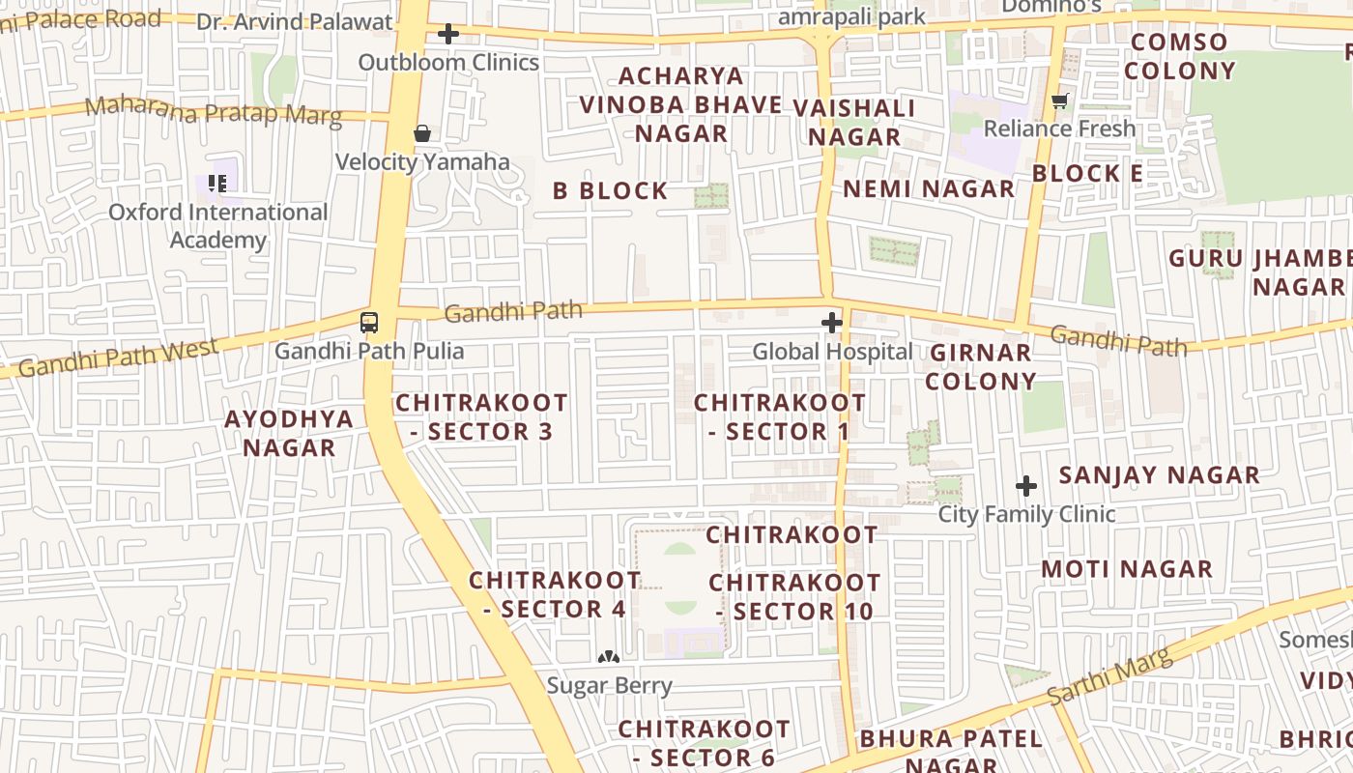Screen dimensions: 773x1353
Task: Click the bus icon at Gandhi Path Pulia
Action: click(x=369, y=322)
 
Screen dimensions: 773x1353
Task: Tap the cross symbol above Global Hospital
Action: click(x=831, y=322)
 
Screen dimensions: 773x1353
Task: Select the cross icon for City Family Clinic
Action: click(x=1026, y=485)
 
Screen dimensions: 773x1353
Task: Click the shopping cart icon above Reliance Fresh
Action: click(x=1060, y=100)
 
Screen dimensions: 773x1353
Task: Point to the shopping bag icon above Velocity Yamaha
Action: click(x=422, y=133)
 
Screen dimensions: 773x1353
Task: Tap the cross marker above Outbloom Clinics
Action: click(x=448, y=35)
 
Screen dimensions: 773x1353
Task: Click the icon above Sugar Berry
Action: click(x=608, y=657)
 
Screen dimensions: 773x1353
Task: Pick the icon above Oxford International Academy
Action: click(x=217, y=183)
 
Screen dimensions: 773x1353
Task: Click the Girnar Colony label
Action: click(x=980, y=367)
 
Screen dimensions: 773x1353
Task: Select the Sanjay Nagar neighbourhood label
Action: click(x=1159, y=475)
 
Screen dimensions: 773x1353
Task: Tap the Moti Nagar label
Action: click(x=1126, y=569)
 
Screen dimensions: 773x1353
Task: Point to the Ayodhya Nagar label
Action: click(x=289, y=433)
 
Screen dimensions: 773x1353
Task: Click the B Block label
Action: click(x=610, y=191)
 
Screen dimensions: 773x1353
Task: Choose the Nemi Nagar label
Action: click(x=929, y=188)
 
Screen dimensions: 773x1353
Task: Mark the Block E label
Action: click(x=1087, y=174)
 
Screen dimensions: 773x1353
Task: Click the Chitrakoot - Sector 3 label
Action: click(x=481, y=416)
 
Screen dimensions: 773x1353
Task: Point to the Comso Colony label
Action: click(x=1179, y=56)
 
